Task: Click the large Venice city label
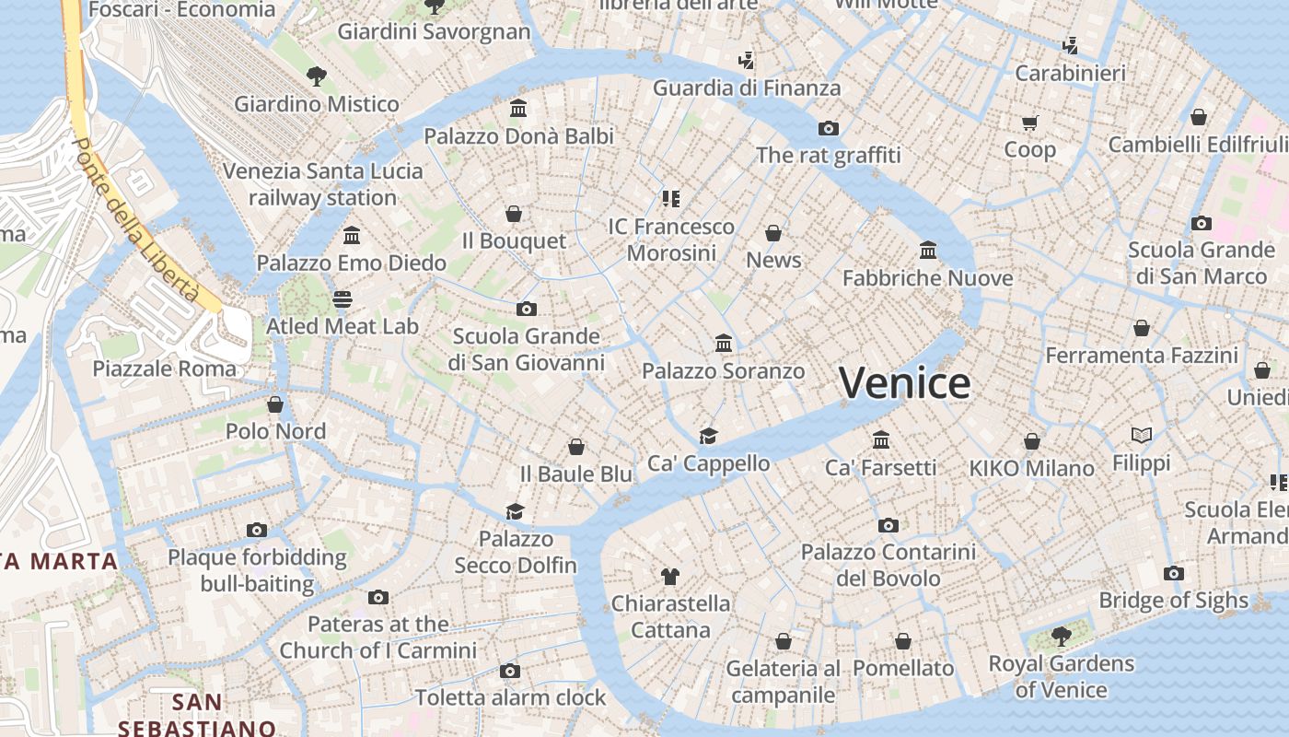click(905, 383)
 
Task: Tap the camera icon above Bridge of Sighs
click(1173, 573)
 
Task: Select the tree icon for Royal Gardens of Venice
click(1061, 636)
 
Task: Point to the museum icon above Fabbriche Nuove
click(928, 250)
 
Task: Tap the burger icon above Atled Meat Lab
click(343, 298)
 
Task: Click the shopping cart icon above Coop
click(1029, 123)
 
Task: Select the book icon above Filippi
click(1142, 435)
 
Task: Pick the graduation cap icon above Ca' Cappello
click(708, 436)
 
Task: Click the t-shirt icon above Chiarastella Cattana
click(670, 577)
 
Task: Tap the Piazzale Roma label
click(165, 368)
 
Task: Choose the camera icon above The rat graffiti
click(829, 128)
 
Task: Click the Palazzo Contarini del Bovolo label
click(888, 565)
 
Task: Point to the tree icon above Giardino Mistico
click(317, 76)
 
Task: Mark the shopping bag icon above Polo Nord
click(275, 404)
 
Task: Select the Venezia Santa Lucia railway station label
click(322, 184)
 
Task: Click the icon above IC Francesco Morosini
click(670, 198)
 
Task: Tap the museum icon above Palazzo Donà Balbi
click(518, 109)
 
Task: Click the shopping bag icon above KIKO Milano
click(1032, 441)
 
